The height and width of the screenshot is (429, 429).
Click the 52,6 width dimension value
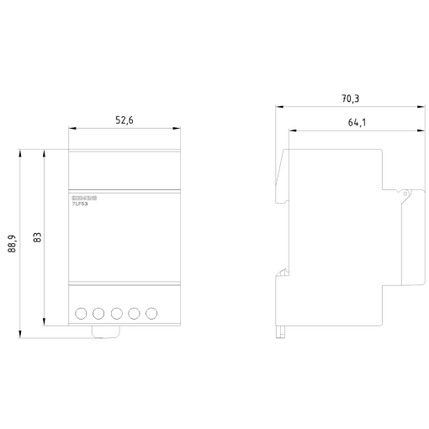124,120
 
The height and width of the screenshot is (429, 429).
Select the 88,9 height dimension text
13,243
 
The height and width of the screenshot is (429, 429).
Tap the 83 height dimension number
37,236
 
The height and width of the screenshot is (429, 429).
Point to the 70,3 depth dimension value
350,99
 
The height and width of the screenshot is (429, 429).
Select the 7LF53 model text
80,203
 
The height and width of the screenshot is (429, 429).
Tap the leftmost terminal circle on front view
82,313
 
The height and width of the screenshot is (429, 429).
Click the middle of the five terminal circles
117,313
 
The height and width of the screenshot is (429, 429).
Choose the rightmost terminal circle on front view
152,313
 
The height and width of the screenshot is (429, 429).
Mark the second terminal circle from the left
99,313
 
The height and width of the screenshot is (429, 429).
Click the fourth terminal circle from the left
135,313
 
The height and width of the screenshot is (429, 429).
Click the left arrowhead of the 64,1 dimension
291,130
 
